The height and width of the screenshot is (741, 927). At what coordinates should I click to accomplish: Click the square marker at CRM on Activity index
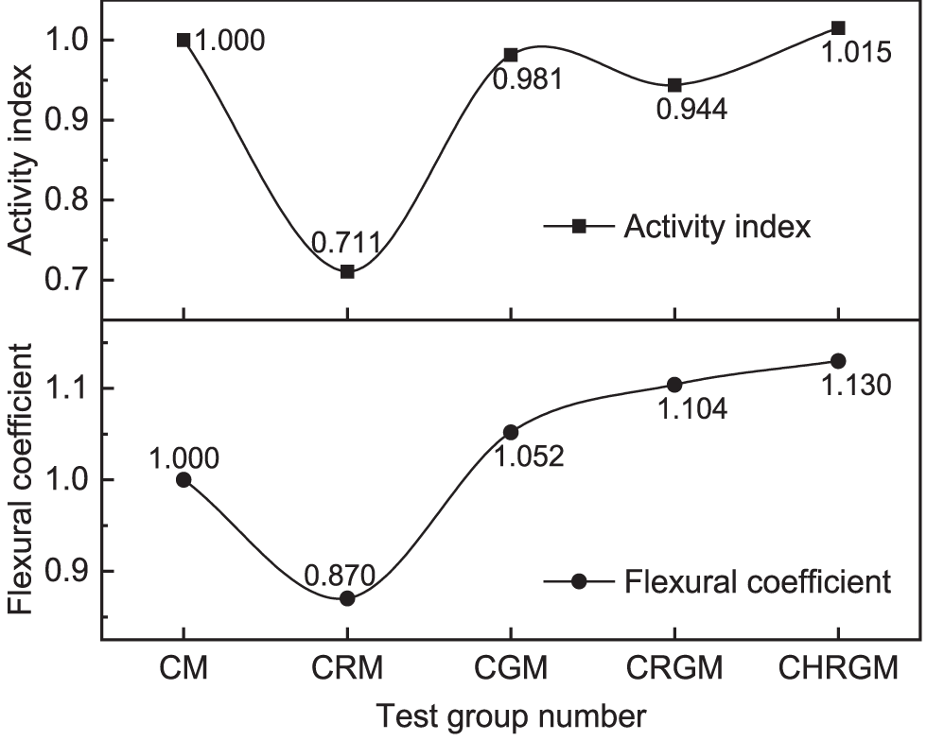click(x=347, y=271)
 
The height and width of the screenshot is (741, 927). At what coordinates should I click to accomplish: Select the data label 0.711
click(x=346, y=244)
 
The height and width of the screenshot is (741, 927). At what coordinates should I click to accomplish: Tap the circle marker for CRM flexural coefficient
click(x=347, y=598)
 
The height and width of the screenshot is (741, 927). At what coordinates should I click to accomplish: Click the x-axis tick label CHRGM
click(x=838, y=670)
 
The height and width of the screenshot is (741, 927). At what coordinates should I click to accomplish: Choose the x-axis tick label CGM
click(x=511, y=670)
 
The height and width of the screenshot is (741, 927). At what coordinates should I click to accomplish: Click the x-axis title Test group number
click(x=511, y=717)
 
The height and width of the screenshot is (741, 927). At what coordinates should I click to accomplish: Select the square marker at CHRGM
click(x=838, y=27)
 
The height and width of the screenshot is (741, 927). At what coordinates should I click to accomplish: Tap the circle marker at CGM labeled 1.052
click(x=511, y=432)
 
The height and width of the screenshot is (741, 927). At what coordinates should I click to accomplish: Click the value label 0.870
click(x=341, y=574)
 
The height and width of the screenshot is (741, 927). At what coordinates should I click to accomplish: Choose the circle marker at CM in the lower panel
click(x=184, y=479)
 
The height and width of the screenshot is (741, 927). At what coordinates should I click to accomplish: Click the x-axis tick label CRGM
click(x=674, y=670)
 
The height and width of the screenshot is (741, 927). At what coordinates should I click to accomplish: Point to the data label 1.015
click(x=855, y=52)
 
